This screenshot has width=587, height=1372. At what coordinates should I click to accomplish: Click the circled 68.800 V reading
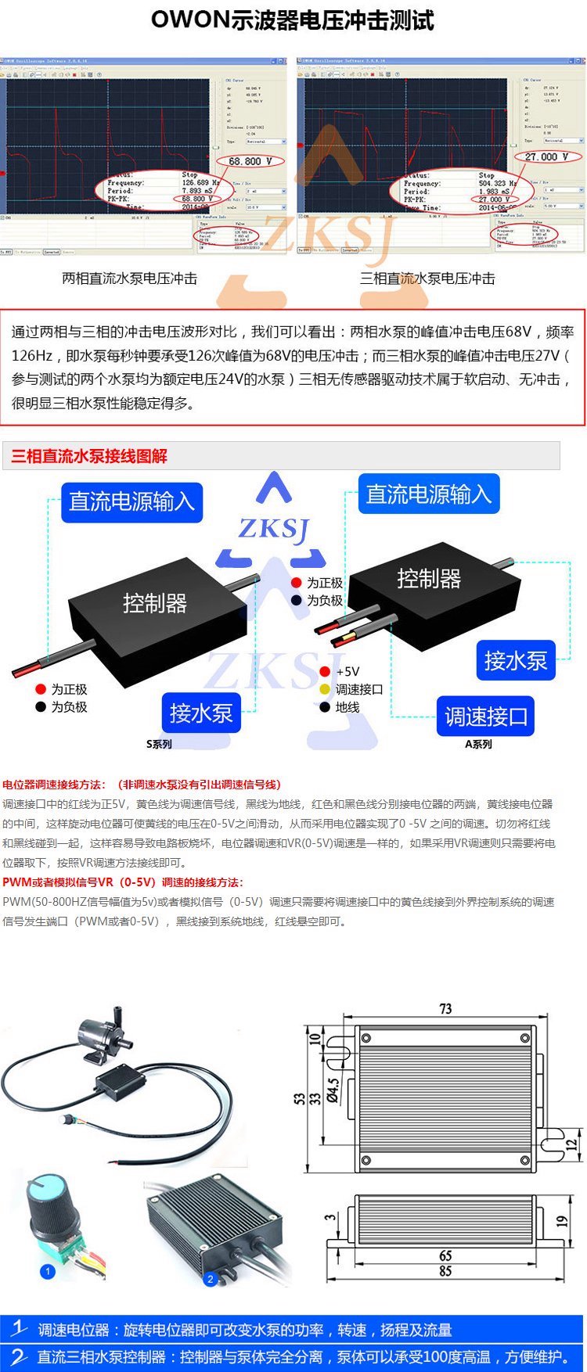click(x=250, y=161)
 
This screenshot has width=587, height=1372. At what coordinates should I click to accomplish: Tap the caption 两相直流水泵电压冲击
click(x=130, y=278)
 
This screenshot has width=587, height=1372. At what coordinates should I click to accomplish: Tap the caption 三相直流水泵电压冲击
click(x=427, y=278)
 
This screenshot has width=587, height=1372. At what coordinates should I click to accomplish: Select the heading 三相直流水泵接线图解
click(x=89, y=456)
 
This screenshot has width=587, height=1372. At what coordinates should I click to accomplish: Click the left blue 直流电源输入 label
click(x=131, y=501)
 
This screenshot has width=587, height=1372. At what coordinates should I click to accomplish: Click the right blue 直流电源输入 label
click(x=429, y=494)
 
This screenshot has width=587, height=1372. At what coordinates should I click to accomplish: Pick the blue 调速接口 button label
click(x=485, y=717)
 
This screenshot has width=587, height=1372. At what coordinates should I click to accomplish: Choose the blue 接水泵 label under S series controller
click(x=201, y=713)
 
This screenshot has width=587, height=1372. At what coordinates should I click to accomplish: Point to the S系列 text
click(x=159, y=744)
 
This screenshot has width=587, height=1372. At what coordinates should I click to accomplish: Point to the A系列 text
click(x=478, y=744)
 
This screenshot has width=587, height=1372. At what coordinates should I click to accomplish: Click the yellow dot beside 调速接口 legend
click(x=325, y=689)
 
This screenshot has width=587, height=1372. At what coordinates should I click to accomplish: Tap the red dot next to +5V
click(x=325, y=671)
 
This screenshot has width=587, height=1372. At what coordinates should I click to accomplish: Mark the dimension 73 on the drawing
click(x=445, y=1008)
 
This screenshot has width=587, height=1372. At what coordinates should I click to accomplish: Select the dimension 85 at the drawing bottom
click(x=445, y=1271)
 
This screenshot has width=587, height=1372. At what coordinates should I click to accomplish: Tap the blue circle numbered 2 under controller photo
click(x=210, y=1279)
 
